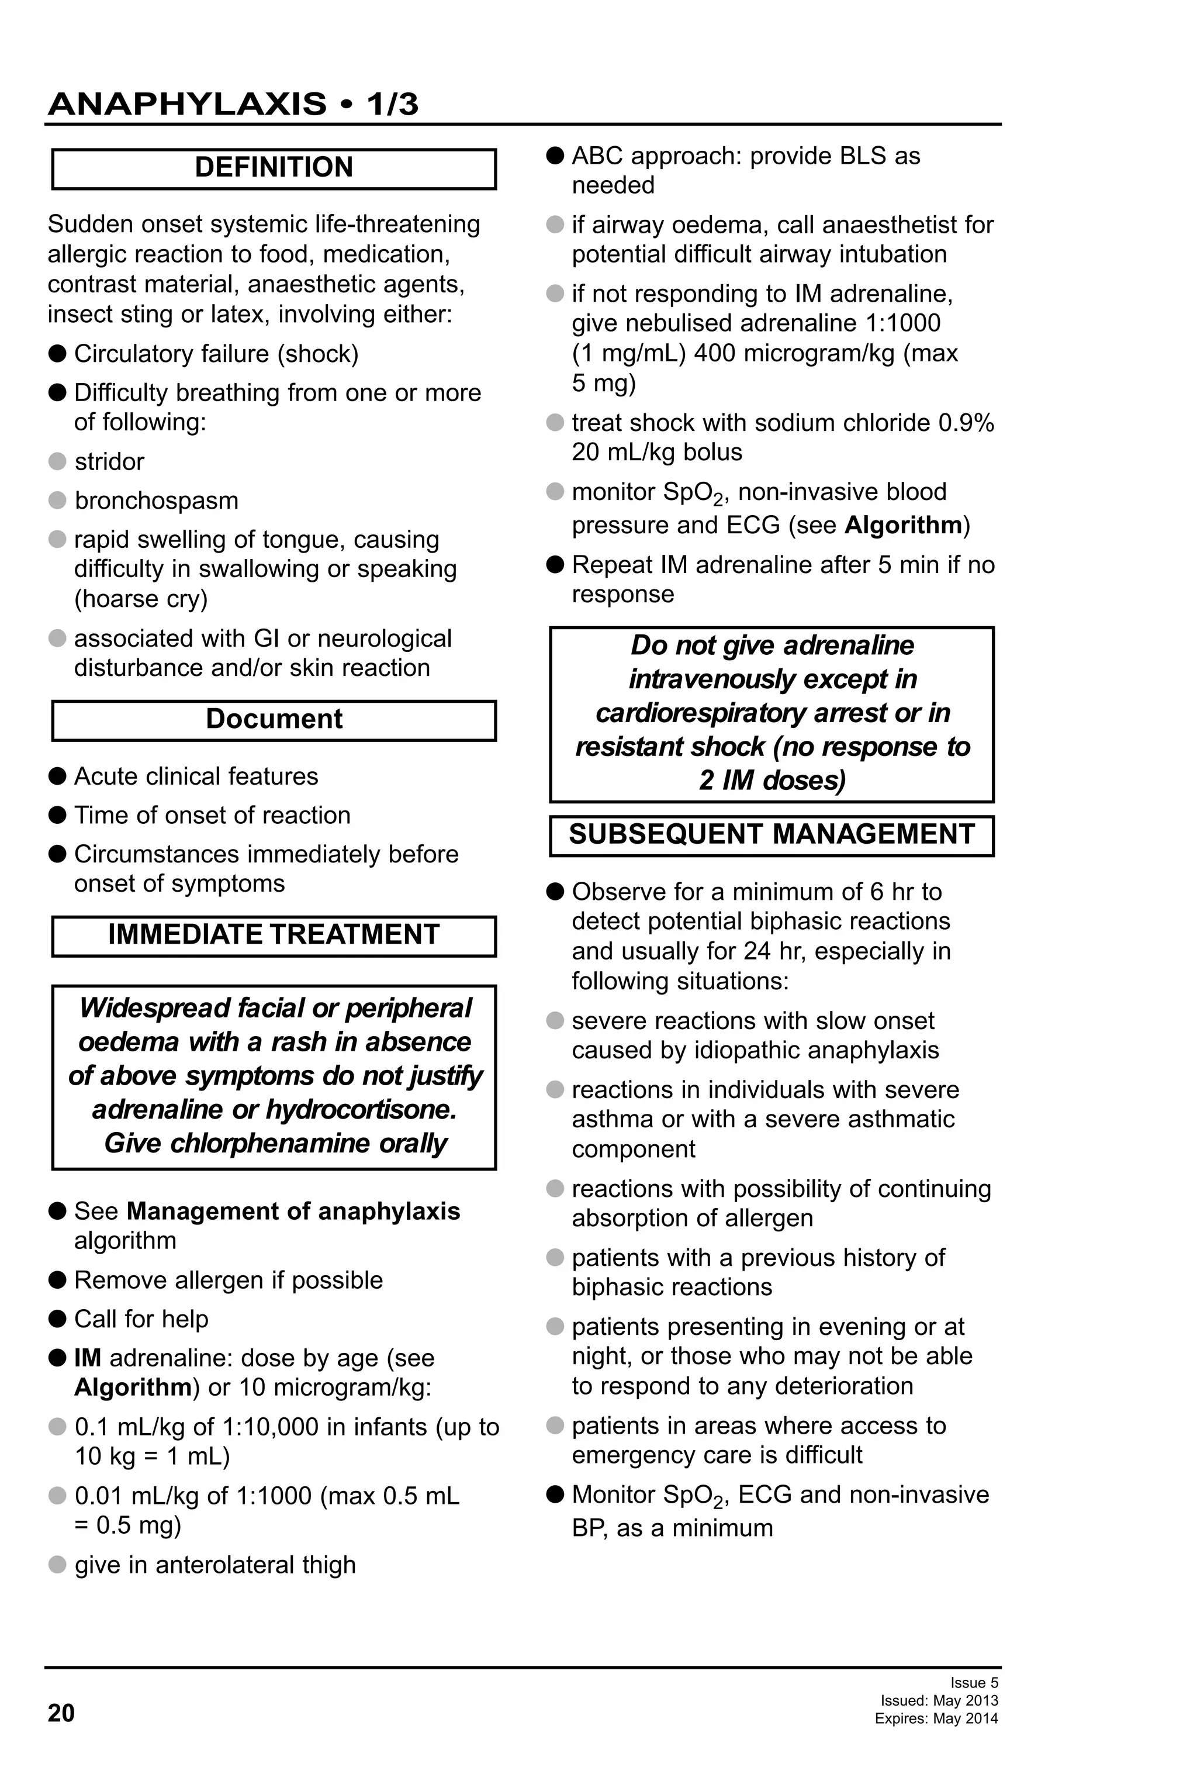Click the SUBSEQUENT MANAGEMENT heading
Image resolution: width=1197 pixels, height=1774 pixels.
(772, 834)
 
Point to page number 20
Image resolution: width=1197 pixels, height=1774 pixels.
(61, 1713)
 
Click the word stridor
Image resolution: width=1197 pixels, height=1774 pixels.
(109, 462)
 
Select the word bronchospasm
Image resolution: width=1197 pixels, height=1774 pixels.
(157, 501)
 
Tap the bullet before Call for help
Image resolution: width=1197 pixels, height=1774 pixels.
(57, 1319)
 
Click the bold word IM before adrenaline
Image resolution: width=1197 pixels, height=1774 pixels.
(87, 1358)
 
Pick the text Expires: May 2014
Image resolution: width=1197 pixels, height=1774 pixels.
(936, 1718)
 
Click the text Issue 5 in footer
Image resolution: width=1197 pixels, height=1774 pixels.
(974, 1682)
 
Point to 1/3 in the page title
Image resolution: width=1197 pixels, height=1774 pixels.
(392, 104)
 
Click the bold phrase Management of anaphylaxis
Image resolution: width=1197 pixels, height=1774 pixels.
(293, 1212)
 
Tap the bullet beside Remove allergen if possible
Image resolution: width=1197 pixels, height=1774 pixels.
(57, 1280)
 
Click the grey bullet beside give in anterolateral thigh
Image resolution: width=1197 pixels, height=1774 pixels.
(57, 1565)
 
